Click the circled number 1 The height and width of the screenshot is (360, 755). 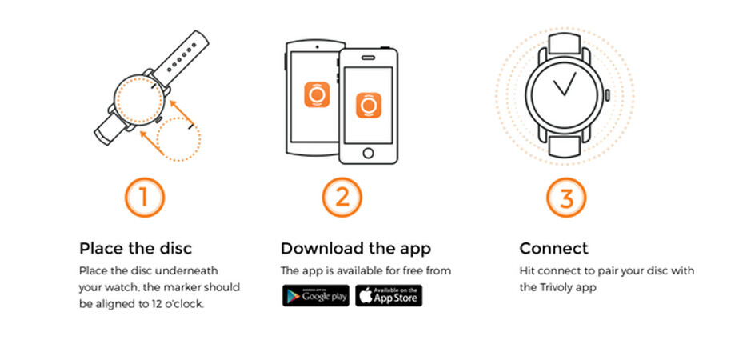click(x=145, y=198)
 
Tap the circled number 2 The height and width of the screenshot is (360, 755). click(x=342, y=198)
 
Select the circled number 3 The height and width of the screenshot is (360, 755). click(x=566, y=198)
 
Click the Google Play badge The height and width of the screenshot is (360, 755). click(x=316, y=295)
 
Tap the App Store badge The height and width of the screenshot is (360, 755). click(x=389, y=295)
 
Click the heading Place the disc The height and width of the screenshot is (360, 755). click(x=135, y=249)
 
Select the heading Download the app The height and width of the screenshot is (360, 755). click(x=356, y=249)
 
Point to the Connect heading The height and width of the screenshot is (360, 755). click(x=553, y=249)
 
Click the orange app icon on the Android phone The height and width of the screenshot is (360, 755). click(x=317, y=94)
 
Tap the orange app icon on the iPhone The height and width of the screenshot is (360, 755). click(x=369, y=105)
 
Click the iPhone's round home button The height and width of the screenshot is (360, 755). click(x=369, y=154)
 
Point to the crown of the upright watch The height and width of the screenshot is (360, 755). click(x=607, y=95)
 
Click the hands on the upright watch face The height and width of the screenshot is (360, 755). click(x=565, y=85)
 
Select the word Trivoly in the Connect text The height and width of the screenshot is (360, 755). click(x=551, y=288)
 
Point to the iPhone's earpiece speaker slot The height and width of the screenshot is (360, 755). click(x=369, y=58)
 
